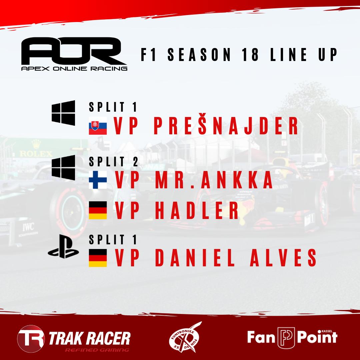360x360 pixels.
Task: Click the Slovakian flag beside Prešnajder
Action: point(98,126)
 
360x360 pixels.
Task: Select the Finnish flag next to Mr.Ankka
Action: point(98,180)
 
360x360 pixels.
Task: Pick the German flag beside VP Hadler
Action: point(98,210)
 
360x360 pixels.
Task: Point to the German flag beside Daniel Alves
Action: point(98,257)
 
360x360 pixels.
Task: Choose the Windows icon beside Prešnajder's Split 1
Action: point(63,112)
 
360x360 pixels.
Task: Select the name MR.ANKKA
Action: point(214,180)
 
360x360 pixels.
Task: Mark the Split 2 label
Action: point(113,162)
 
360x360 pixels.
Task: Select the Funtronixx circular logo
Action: point(185,337)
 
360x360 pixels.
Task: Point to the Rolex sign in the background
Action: point(36,154)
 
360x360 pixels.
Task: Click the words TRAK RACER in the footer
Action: point(89,337)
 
